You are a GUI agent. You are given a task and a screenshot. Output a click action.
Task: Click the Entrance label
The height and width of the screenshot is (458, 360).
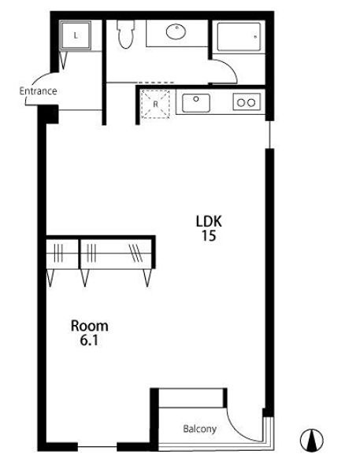pyautogui.click(x=38, y=91)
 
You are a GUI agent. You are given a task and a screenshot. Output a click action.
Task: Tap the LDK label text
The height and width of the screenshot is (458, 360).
pyautogui.click(x=209, y=221)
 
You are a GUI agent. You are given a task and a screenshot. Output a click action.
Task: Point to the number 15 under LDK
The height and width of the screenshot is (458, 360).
pyautogui.click(x=209, y=235)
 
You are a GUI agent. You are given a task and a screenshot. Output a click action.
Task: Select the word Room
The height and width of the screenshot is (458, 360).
pyautogui.click(x=90, y=326)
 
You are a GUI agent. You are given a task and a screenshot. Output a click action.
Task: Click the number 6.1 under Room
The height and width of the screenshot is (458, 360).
pyautogui.click(x=89, y=340)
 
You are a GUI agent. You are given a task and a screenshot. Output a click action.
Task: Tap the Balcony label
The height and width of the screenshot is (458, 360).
pyautogui.click(x=200, y=429)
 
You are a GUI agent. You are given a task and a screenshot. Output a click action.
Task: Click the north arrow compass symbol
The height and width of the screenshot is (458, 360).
pyautogui.click(x=312, y=440)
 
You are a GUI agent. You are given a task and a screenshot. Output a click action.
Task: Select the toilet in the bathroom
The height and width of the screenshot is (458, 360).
pyautogui.click(x=126, y=34)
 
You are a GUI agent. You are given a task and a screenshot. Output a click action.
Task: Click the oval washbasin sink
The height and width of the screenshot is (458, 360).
pyautogui.click(x=176, y=31)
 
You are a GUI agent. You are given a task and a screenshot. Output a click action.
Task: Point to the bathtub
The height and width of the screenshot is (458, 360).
pyautogui.click(x=239, y=37)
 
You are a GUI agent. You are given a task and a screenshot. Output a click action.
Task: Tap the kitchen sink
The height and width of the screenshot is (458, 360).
pyautogui.click(x=196, y=103)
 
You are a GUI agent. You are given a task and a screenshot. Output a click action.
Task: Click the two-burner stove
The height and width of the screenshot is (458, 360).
pyautogui.click(x=247, y=102)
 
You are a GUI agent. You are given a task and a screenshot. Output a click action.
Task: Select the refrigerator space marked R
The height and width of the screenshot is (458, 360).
pyautogui.click(x=155, y=105)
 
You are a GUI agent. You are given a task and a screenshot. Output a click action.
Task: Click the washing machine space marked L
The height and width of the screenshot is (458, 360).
pyautogui.click(x=76, y=35)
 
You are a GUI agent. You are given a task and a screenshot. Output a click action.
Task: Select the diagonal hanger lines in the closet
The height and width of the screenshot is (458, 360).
pyautogui.click(x=135, y=253)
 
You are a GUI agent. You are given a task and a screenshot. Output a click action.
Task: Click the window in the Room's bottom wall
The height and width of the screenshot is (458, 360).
pyautogui.click(x=98, y=447)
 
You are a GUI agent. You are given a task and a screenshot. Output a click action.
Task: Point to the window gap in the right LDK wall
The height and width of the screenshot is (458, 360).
pyautogui.click(x=269, y=135)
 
